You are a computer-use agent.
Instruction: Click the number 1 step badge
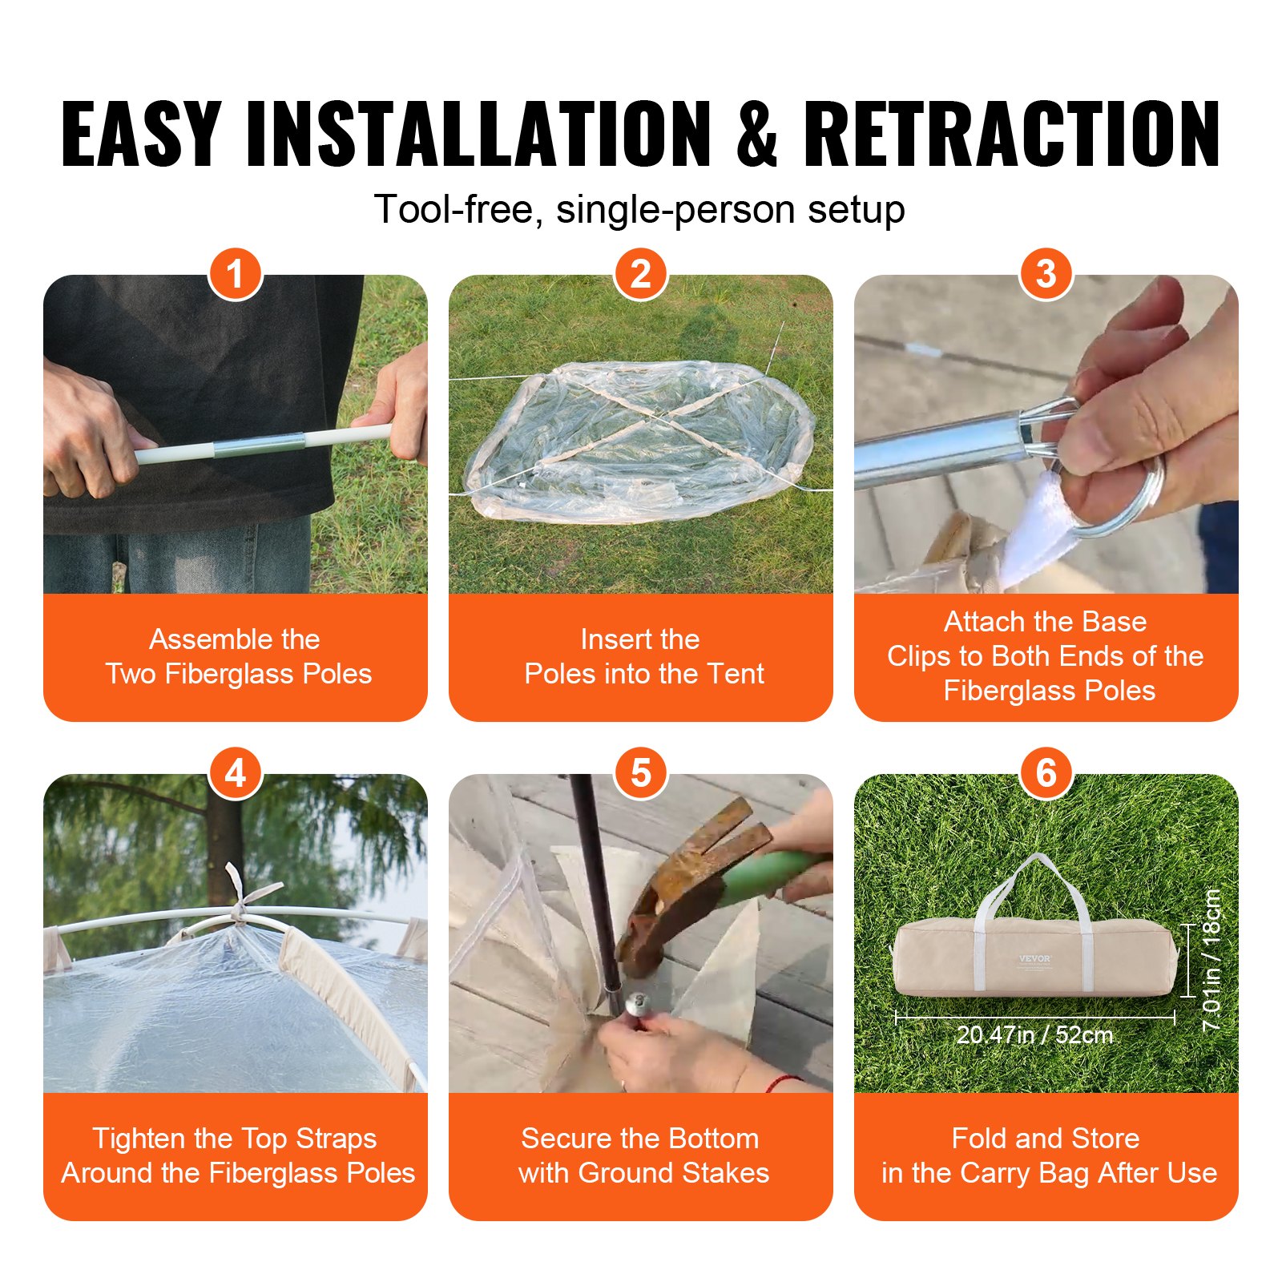[x=236, y=274]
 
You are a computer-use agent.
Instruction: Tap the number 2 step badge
[x=641, y=274]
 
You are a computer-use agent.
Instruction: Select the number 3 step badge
[x=1046, y=274]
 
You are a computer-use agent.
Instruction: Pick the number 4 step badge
[x=236, y=773]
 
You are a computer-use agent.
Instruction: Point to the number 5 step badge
[x=641, y=773]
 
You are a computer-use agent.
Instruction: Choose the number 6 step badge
[x=1046, y=773]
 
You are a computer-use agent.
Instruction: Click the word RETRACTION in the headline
[x=1011, y=134]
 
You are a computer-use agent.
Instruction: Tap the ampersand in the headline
[x=756, y=134]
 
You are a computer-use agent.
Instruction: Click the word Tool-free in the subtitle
[x=458, y=210]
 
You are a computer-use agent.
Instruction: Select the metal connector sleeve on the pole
[x=259, y=445]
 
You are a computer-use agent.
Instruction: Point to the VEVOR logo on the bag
[x=1034, y=958]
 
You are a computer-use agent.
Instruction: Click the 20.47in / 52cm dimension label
[x=1034, y=1035]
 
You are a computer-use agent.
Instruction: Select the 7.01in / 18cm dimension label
[x=1211, y=959]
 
